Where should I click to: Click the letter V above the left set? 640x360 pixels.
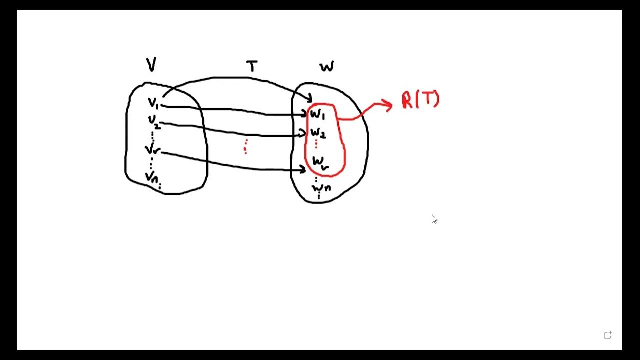(151, 65)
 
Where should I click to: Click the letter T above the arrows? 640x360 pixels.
(252, 66)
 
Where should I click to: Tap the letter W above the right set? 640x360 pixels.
(327, 66)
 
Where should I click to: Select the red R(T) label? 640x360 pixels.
(420, 100)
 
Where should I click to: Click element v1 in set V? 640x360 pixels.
(153, 104)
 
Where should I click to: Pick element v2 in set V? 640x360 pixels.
(153, 121)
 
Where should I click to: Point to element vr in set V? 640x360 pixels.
(152, 149)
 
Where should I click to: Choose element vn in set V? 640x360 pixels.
(152, 177)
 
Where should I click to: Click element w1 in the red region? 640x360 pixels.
(317, 115)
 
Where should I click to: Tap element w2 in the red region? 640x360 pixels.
(318, 133)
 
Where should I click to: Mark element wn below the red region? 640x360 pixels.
(321, 188)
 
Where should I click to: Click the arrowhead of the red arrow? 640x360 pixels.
(388, 104)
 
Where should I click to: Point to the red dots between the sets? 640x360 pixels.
(245, 147)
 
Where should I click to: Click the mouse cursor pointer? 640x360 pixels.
(434, 219)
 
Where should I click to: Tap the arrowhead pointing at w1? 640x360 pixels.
(304, 115)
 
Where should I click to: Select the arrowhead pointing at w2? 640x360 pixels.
(303, 133)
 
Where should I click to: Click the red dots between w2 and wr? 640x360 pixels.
(316, 144)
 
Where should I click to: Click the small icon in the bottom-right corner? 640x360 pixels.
(607, 336)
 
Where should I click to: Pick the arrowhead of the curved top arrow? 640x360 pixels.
(309, 98)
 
